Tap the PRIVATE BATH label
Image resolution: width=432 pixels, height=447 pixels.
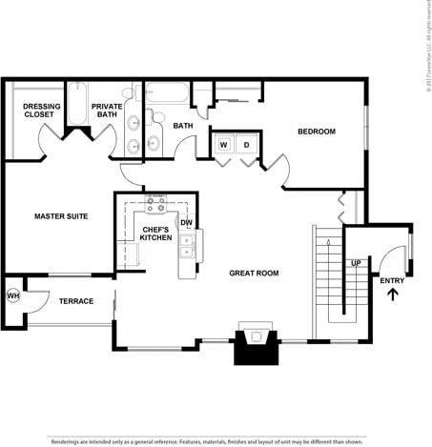(x=107, y=110)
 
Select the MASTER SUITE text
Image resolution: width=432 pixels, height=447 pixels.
(x=61, y=216)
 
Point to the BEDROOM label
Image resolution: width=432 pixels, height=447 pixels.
(x=316, y=132)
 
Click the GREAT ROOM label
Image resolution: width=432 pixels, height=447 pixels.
(x=254, y=273)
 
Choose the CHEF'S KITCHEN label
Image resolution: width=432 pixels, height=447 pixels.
(x=156, y=234)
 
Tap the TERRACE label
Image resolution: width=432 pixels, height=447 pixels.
(x=76, y=301)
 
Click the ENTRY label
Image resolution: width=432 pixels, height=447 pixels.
(x=392, y=280)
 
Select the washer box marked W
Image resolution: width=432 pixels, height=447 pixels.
(x=224, y=145)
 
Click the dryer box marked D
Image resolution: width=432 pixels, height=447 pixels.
(x=246, y=145)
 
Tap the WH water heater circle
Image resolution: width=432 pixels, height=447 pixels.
(x=13, y=295)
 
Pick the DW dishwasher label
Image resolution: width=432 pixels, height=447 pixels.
(x=187, y=223)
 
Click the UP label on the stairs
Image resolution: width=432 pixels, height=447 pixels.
(x=355, y=263)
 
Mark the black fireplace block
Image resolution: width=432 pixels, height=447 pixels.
(x=256, y=348)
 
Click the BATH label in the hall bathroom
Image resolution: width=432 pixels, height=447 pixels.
(x=183, y=126)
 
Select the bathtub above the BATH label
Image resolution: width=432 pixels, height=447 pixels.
(x=168, y=95)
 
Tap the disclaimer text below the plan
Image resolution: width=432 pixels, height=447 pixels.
(x=207, y=441)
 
